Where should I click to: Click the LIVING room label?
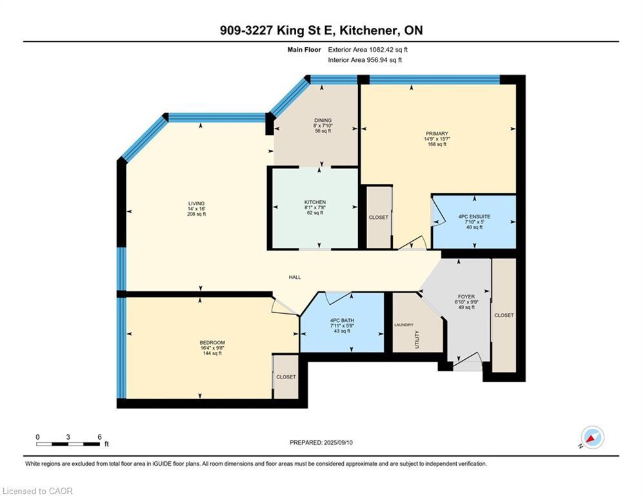(x=197, y=203)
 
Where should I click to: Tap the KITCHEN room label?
(x=315, y=202)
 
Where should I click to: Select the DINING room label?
(x=323, y=120)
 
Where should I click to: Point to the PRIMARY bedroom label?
(x=437, y=134)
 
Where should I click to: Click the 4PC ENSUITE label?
(x=474, y=216)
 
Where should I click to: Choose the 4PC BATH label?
(x=342, y=320)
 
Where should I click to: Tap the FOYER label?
(x=466, y=296)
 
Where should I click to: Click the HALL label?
(x=295, y=277)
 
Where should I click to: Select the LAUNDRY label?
(x=404, y=325)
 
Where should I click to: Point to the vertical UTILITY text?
(x=417, y=340)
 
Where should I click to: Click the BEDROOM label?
(x=212, y=343)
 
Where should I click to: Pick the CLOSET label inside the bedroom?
(x=286, y=377)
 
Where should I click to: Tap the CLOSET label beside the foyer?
(x=504, y=315)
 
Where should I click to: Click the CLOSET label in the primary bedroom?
(x=378, y=217)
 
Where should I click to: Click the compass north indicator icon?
(x=592, y=438)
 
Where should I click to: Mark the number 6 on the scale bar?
(x=99, y=437)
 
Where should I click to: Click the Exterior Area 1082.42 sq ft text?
(x=368, y=50)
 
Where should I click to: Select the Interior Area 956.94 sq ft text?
(x=365, y=60)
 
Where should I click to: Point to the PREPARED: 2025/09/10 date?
(x=321, y=442)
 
